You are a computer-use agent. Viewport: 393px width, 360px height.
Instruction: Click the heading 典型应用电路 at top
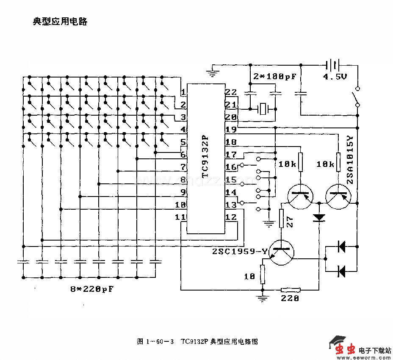point(60,22)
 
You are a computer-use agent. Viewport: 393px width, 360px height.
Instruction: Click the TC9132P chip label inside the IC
point(205,156)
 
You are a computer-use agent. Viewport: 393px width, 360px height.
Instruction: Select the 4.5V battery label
point(335,77)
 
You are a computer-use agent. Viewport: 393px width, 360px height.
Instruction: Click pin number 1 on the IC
point(183,92)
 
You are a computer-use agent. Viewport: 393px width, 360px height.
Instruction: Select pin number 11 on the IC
point(180,217)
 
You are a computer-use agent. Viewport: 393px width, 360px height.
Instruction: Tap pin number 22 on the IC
point(231,92)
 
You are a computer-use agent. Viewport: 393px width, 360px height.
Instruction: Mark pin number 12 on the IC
point(231,217)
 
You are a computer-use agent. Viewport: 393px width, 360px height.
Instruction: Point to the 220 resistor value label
point(291,299)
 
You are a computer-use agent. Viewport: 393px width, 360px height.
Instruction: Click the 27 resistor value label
point(290,222)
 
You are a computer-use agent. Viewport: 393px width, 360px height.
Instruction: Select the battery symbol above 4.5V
point(333,65)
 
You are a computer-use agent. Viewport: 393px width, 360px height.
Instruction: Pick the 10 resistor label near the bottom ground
point(249,277)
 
